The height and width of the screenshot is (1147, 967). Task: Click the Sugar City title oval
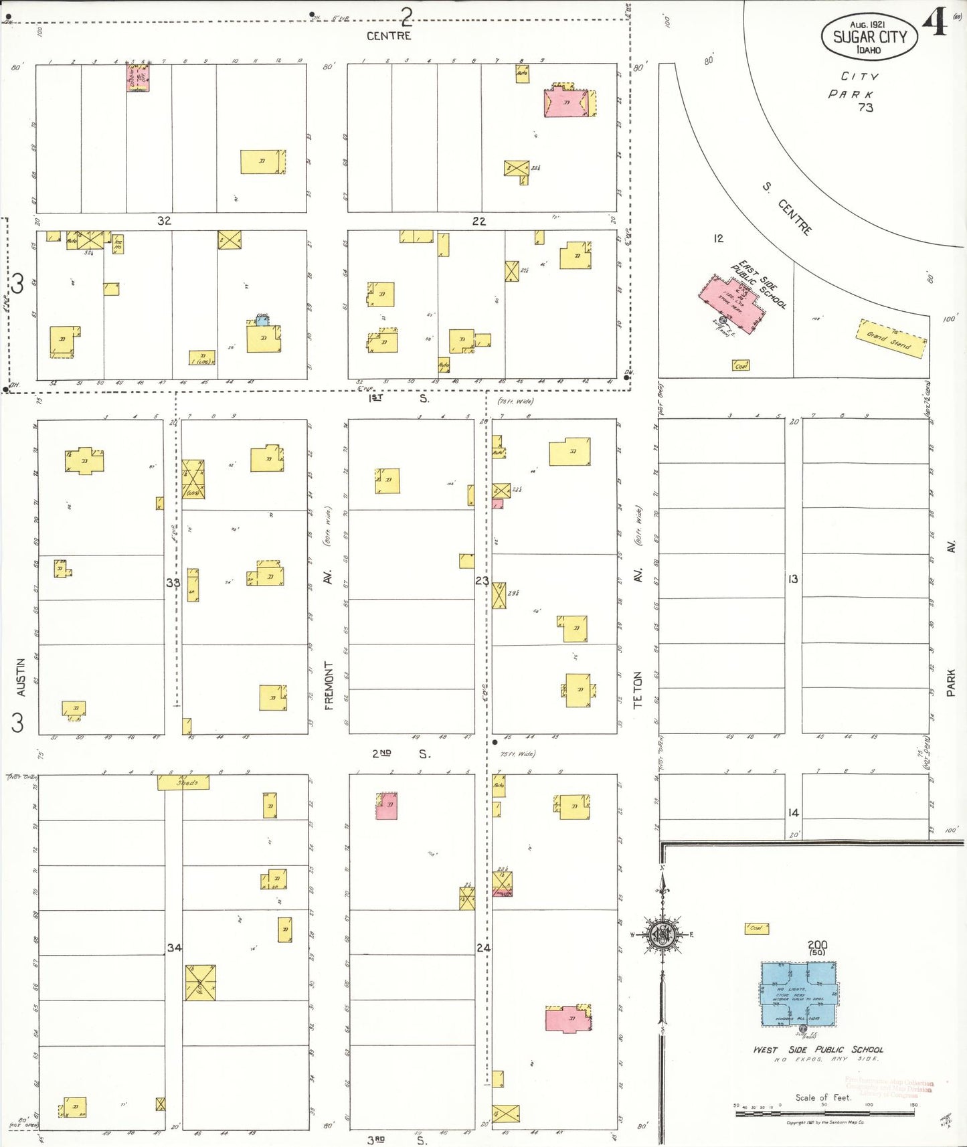[x=869, y=37]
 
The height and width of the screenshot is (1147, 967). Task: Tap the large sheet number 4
[x=935, y=22]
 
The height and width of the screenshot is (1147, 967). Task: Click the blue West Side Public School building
[x=799, y=994]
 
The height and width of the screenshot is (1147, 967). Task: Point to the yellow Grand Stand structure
[x=892, y=339]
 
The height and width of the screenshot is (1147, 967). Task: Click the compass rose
[x=663, y=934]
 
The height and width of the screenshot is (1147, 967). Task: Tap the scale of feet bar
[x=824, y=1114]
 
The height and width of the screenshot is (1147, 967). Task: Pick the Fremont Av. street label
[x=328, y=685]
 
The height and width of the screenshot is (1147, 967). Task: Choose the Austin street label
[x=21, y=677]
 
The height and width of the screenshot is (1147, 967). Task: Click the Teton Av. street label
[x=637, y=689]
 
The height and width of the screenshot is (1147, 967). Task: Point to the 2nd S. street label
[x=401, y=754]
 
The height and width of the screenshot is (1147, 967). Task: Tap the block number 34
[x=174, y=947]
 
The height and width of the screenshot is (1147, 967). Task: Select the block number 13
[x=793, y=579]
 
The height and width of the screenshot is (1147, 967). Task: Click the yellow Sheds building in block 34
[x=183, y=782]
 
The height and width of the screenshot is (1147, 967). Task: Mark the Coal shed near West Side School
[x=756, y=928]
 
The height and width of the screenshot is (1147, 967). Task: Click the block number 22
[x=479, y=221]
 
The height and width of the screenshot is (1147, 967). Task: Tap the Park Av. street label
[x=951, y=683]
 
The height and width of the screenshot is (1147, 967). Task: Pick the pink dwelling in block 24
[x=568, y=1019]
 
